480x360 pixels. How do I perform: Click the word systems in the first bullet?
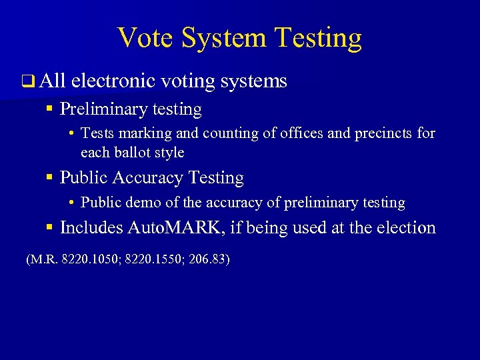(253, 82)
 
